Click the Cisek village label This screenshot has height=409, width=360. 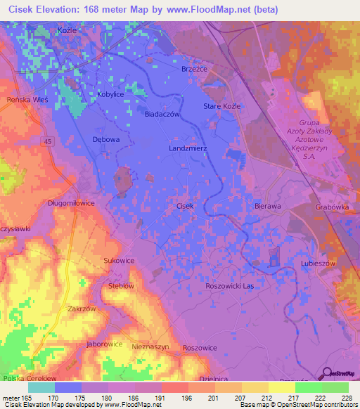[x=185, y=206]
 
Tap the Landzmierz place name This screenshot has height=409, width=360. [x=188, y=149]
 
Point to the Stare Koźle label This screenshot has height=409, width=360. [x=221, y=105]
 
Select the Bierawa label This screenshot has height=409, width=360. [x=267, y=207]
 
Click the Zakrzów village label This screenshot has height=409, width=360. [x=82, y=309]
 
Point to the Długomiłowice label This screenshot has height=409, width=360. [x=71, y=203]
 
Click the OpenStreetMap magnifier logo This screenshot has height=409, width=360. [x=325, y=374]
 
